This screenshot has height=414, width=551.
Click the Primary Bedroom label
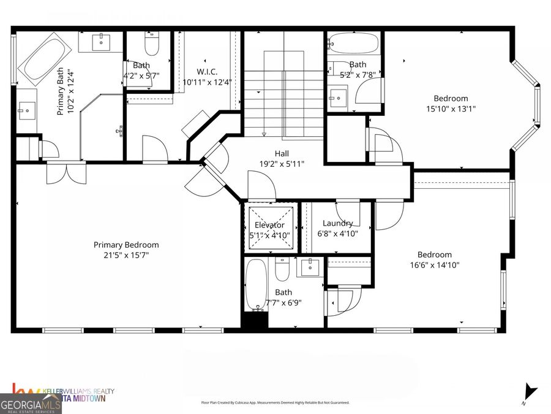(126, 244)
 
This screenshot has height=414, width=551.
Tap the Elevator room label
(269, 225)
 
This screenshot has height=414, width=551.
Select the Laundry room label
(338, 223)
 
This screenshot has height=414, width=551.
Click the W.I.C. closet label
(207, 72)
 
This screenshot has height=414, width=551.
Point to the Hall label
(282, 153)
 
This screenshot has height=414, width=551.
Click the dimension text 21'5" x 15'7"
(126, 255)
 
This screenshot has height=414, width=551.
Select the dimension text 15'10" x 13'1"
(451, 109)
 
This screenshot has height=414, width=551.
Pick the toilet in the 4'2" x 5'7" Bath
(151, 45)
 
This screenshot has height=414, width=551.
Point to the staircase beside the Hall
(284, 92)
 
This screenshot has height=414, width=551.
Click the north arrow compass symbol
(530, 393)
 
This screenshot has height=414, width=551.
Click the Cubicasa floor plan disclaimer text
(275, 403)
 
